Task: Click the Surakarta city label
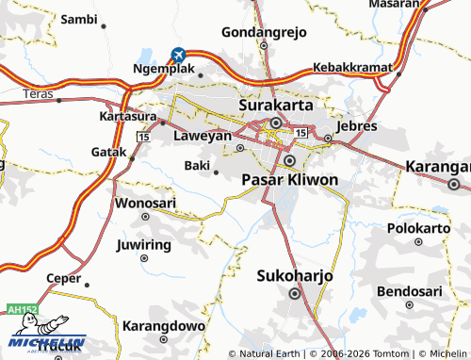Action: pos(276,106)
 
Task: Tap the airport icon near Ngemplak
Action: pos(177,56)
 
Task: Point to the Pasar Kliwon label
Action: pos(289,178)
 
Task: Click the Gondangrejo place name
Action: pos(265,32)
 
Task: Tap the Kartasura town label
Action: pos(130,117)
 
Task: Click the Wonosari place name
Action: pos(145,203)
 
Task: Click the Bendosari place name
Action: pos(409,290)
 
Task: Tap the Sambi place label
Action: pos(78,18)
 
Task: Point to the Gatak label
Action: pos(107,152)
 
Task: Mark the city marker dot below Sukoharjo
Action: pos(295,293)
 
